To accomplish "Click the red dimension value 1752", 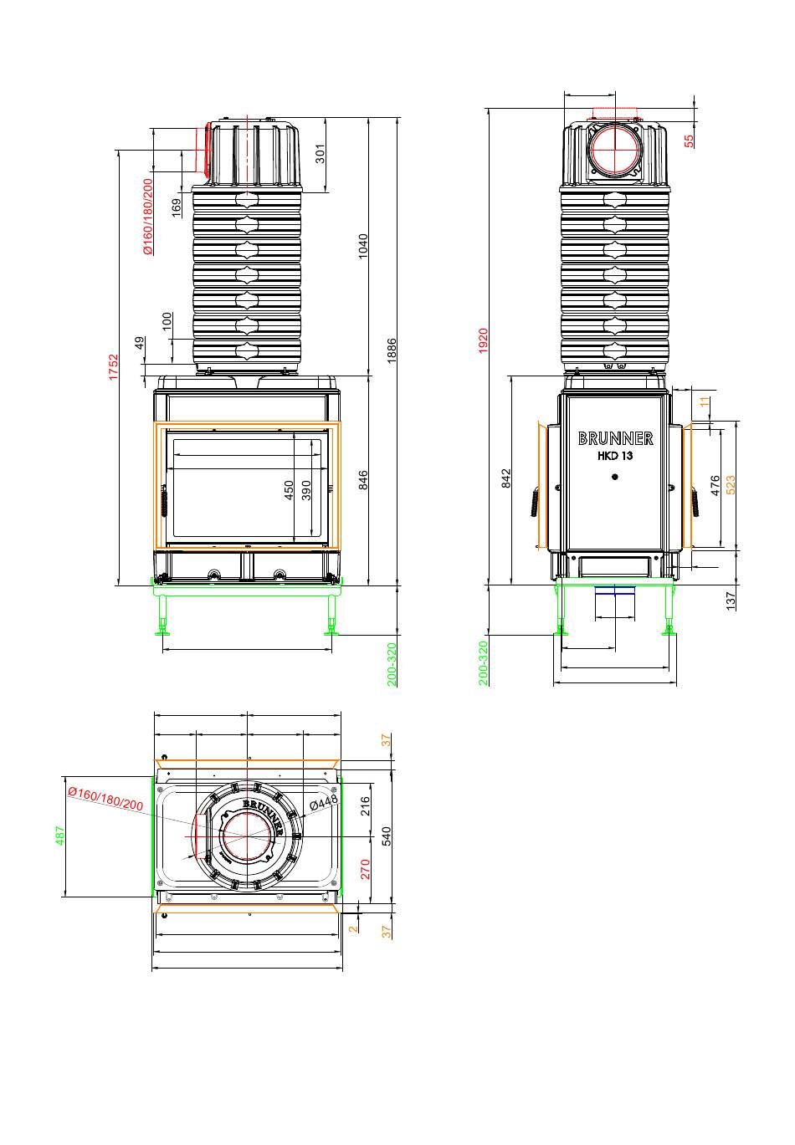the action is click(x=113, y=367).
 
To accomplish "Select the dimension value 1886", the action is click(x=392, y=350).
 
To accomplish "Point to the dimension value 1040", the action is click(x=362, y=247).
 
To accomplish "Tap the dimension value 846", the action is click(x=362, y=480).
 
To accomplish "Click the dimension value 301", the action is click(x=320, y=154).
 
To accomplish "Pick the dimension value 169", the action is click(x=176, y=208).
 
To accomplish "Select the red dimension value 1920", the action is click(x=483, y=341).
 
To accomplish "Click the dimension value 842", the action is click(x=506, y=478).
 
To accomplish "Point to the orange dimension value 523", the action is click(x=730, y=485).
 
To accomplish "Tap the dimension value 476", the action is click(x=715, y=485).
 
